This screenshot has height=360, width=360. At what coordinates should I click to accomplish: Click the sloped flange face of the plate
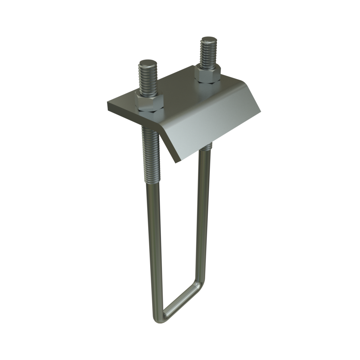tap(209, 128)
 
